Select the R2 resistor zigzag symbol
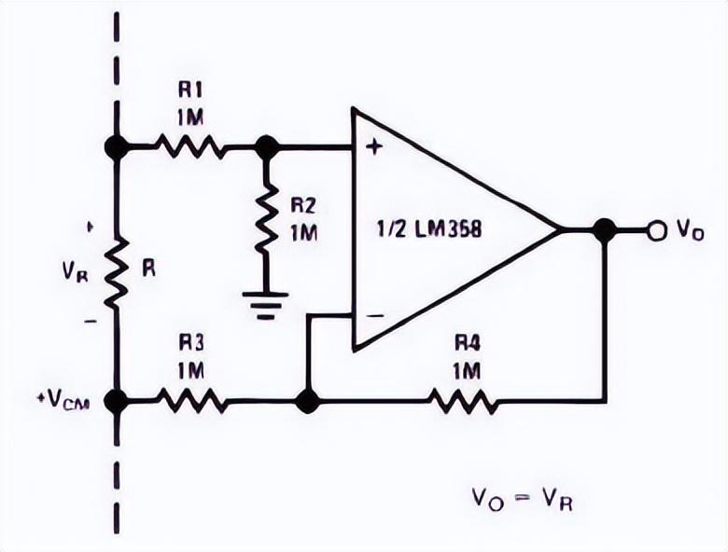click(x=266, y=217)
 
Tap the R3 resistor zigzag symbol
click(x=192, y=400)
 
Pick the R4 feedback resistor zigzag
click(x=462, y=400)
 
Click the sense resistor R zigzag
click(x=116, y=273)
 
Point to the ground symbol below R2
click(x=265, y=305)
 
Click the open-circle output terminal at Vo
click(x=656, y=230)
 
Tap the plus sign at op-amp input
click(x=373, y=147)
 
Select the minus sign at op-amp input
click(x=375, y=315)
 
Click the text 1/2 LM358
click(x=428, y=229)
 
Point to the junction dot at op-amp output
click(x=605, y=230)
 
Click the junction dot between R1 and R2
click(x=267, y=146)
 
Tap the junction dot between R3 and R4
click(x=308, y=400)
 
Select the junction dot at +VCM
click(x=116, y=400)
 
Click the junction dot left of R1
click(x=116, y=146)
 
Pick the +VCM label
click(x=63, y=400)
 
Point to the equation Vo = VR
click(x=523, y=500)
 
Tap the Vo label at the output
click(x=691, y=229)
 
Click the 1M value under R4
click(x=466, y=371)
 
